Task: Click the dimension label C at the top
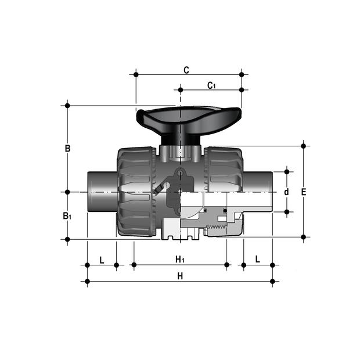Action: click(186, 70)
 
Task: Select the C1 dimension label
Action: click(211, 85)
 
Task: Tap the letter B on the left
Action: click(67, 148)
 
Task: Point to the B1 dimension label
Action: click(67, 216)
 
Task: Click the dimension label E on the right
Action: click(304, 192)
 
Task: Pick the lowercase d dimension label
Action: click(286, 192)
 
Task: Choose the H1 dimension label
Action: click(180, 260)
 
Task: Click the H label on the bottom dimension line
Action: click(180, 276)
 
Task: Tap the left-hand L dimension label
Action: click(102, 260)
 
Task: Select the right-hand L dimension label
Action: click(258, 259)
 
